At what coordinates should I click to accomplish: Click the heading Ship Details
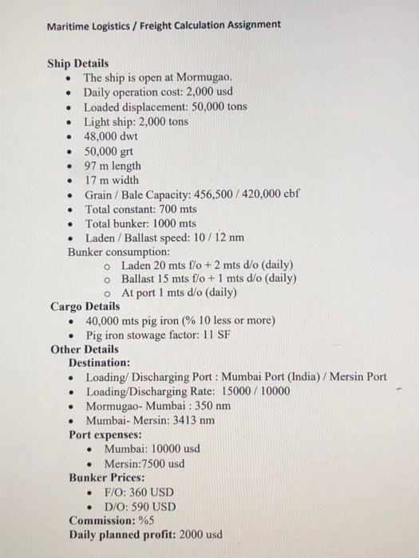click(x=78, y=63)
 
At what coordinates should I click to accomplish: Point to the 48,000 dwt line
click(x=111, y=136)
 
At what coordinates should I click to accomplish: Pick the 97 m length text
click(x=113, y=166)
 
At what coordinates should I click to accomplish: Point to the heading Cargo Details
click(x=85, y=306)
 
